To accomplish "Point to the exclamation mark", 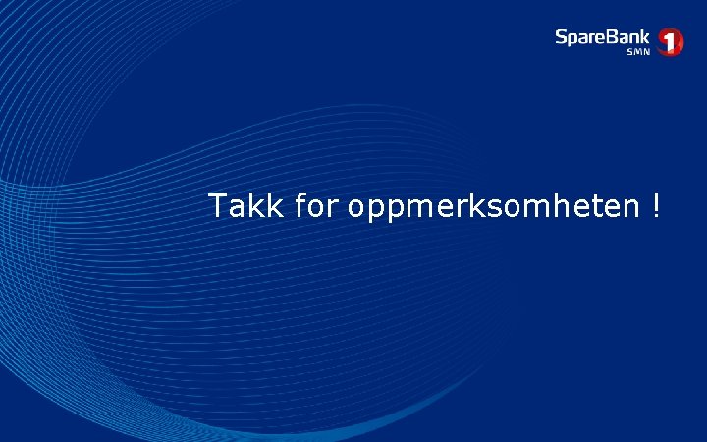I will click(654, 206).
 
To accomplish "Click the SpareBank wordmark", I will click(602, 37).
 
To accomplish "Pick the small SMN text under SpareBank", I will click(638, 52).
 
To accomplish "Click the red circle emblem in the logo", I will click(671, 41).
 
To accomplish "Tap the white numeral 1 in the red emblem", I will click(671, 41).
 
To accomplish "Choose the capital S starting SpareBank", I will click(561, 37).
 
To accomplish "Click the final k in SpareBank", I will click(644, 37).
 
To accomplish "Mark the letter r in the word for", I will click(332, 208).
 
